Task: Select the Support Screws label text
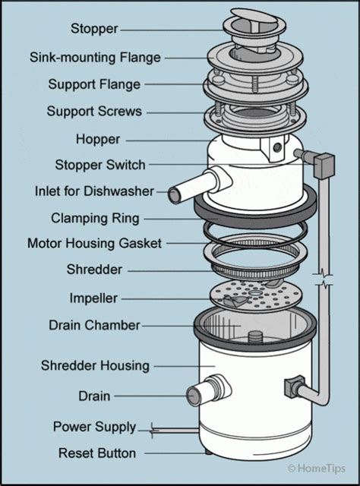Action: [94, 111]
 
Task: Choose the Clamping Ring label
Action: [95, 218]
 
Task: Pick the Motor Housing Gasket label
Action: [94, 244]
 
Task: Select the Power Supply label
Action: [94, 427]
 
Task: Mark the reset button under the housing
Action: [207, 453]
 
